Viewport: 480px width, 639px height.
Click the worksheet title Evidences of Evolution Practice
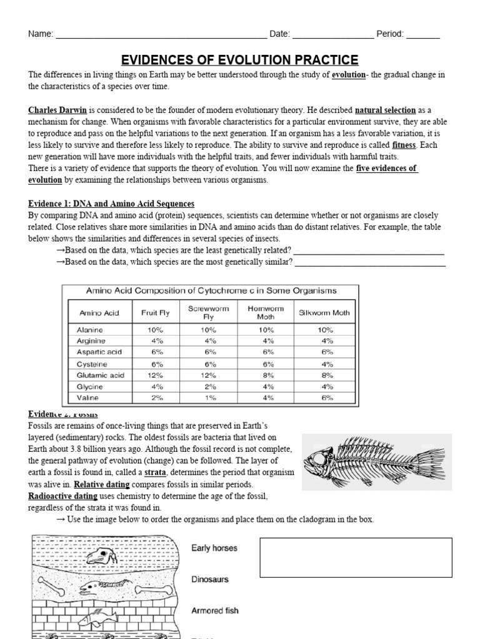tap(239, 60)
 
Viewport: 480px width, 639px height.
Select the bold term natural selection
tap(385, 110)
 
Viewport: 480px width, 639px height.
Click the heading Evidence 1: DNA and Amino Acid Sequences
tap(111, 203)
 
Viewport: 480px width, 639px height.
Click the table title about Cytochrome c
tap(211, 290)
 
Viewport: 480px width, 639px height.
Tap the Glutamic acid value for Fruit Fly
tap(157, 375)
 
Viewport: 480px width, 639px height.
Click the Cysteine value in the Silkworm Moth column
tap(326, 364)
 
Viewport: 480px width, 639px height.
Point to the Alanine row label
tap(89, 329)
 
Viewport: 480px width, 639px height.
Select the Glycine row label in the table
tap(89, 386)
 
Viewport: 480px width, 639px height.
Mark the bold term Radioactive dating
tap(62, 496)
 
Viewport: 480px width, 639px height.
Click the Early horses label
tap(214, 548)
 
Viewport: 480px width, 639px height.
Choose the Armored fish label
tap(214, 610)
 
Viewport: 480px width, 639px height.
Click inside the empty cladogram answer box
tap(355, 557)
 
